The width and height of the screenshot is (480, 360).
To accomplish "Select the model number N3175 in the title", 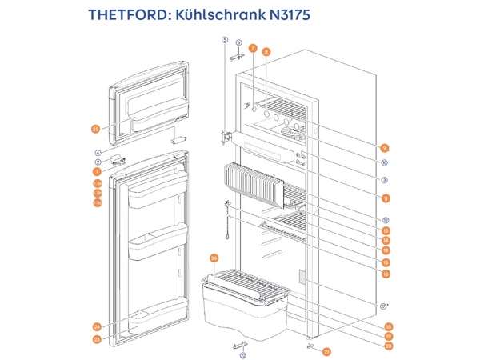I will tap(283, 16).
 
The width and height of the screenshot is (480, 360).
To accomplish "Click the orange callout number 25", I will tap(95, 129).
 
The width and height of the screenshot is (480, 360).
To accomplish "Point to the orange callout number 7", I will tap(253, 49).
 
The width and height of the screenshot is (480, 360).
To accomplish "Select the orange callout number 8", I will tap(266, 52).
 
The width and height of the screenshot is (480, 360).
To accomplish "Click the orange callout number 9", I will tap(385, 148).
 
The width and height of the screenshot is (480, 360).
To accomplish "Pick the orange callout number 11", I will tap(385, 198).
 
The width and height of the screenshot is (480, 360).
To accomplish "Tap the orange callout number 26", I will tap(214, 258).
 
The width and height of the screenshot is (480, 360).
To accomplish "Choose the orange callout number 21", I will tap(327, 351).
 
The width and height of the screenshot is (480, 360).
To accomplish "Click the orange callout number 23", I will tap(97, 340).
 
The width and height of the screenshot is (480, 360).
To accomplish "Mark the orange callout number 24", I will tap(97, 326).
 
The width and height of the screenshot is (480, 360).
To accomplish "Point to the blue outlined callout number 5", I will tap(225, 40).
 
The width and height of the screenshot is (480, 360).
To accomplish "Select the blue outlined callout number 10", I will tap(385, 164).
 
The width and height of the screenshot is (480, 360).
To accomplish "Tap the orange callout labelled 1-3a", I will tap(97, 182).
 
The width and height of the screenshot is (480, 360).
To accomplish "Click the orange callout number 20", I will tap(389, 346).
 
